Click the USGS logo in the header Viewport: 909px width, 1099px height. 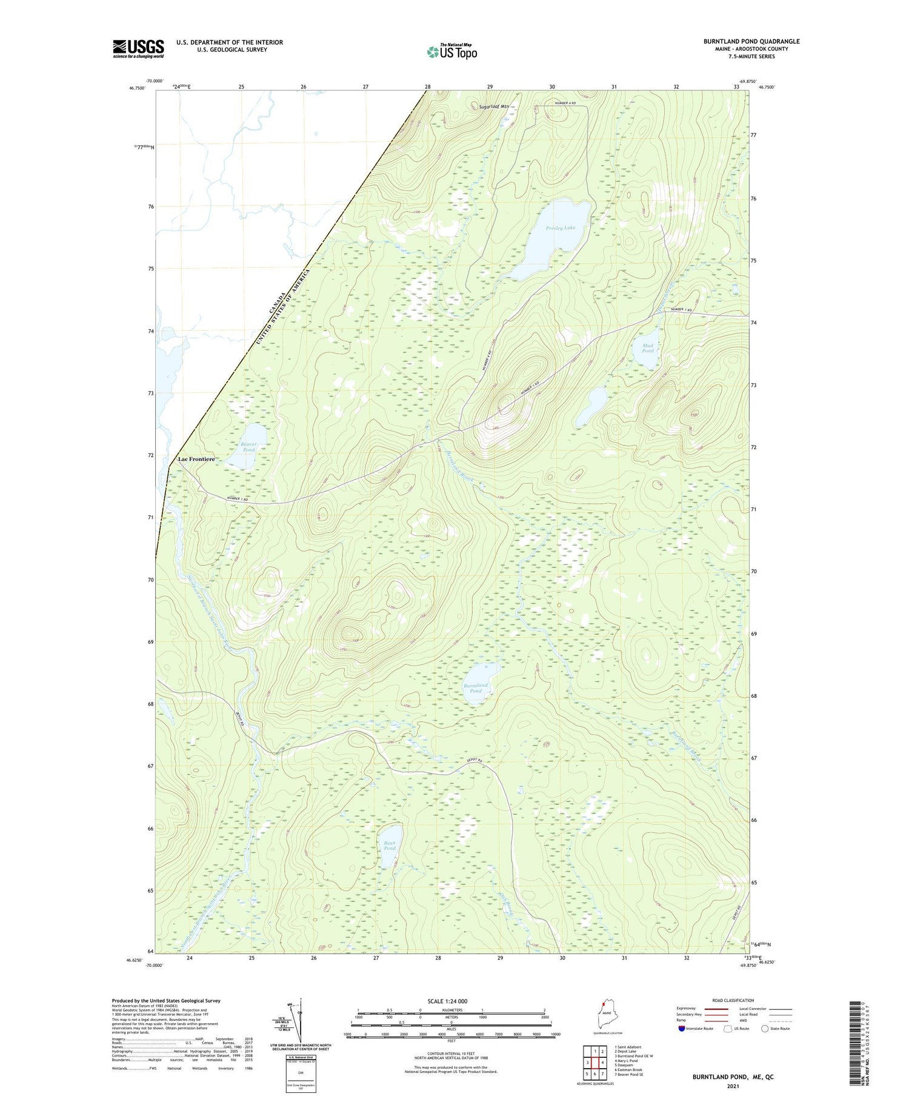138,48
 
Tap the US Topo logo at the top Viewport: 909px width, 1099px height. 452,52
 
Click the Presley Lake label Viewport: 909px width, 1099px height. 560,228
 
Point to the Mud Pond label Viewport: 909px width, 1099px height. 648,348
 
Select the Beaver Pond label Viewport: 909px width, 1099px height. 248,447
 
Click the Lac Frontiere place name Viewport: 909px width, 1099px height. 196,459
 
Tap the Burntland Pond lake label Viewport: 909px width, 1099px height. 476,687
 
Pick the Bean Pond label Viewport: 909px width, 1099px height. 390,845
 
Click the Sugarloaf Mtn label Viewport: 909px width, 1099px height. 493,106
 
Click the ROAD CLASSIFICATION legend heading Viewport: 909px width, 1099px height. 733,1000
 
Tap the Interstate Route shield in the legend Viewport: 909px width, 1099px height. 682,1028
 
